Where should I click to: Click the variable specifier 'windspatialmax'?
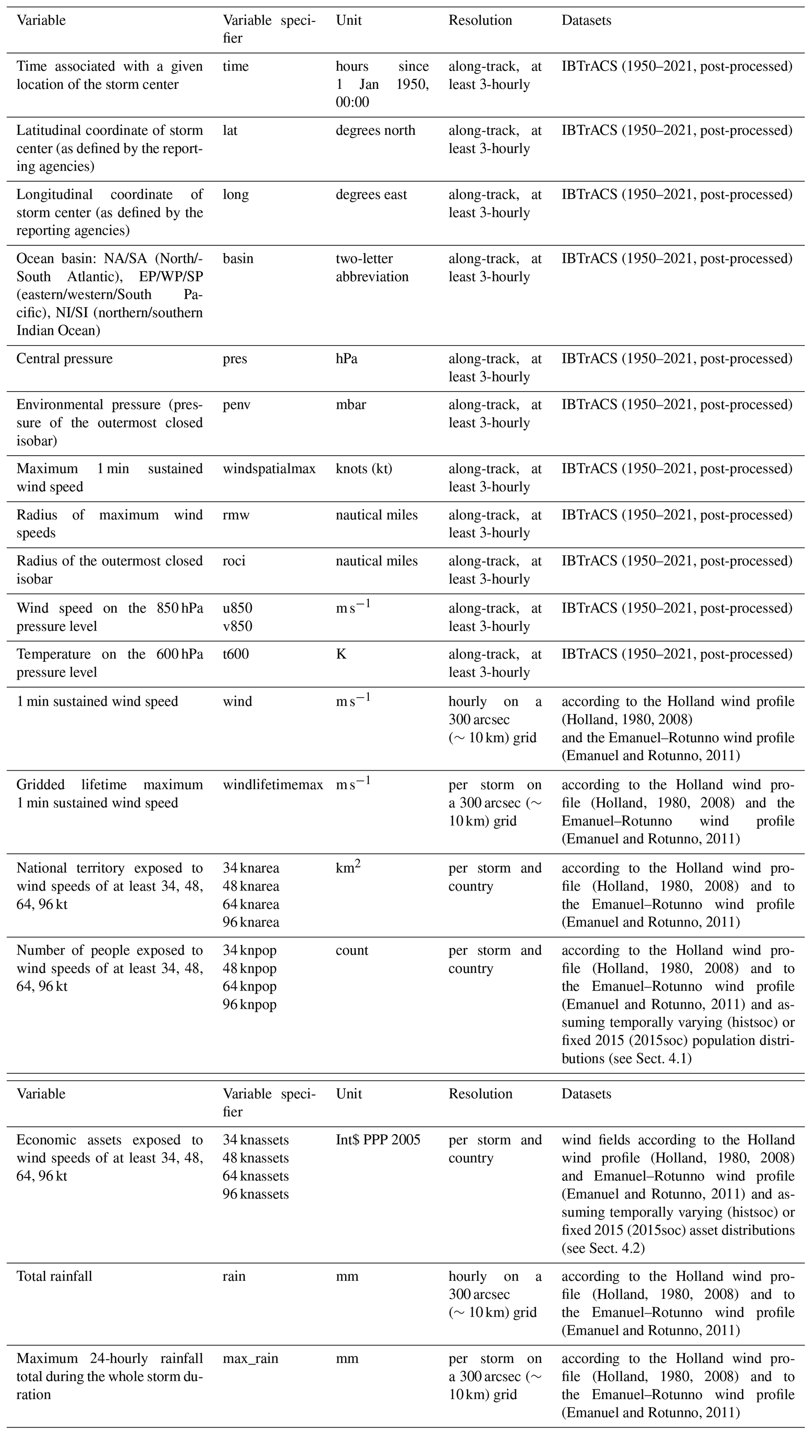(x=269, y=469)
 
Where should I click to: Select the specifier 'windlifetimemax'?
(x=273, y=785)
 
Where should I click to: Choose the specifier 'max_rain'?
(x=250, y=1358)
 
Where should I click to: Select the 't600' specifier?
(x=235, y=654)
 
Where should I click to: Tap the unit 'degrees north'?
(x=375, y=130)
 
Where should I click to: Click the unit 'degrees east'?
(x=371, y=194)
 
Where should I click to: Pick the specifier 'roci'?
(x=234, y=561)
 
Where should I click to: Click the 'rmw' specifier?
(x=236, y=514)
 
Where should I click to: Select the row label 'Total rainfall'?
(x=54, y=1276)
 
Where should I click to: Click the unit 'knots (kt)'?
(x=364, y=469)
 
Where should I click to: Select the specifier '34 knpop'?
(x=249, y=950)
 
